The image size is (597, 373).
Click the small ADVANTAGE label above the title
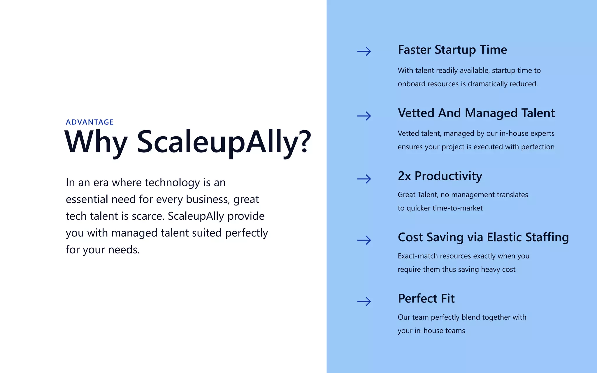tap(89, 122)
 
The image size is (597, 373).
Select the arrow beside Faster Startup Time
tap(364, 52)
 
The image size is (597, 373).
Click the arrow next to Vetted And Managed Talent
tap(364, 116)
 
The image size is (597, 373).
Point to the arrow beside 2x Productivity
tap(364, 179)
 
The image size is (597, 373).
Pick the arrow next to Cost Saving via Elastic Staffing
tap(364, 240)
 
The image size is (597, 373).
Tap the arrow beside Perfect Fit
tap(364, 301)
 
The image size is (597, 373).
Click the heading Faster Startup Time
tap(452, 50)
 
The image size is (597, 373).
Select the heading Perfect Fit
tap(426, 298)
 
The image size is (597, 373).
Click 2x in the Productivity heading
tap(404, 176)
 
